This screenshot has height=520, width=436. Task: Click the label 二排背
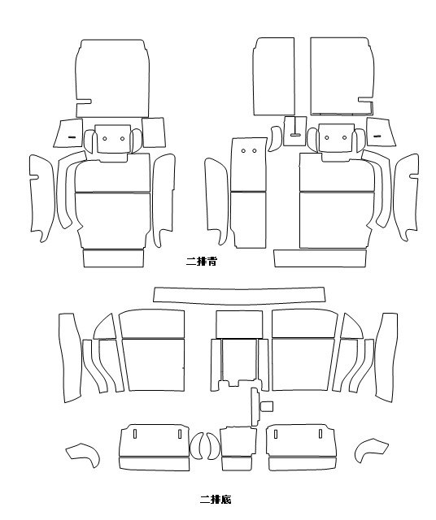click(201, 262)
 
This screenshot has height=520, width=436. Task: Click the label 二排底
click(216, 500)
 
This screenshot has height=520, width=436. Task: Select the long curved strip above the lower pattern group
click(239, 296)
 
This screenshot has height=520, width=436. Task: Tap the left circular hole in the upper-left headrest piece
click(105, 138)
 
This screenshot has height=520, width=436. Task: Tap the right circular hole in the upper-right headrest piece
click(344, 137)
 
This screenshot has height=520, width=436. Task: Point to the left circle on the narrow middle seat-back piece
click(243, 151)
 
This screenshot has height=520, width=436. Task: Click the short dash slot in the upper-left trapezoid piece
click(72, 137)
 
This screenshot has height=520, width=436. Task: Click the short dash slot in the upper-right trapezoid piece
click(377, 136)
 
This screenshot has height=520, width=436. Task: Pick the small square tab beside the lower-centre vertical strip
click(268, 406)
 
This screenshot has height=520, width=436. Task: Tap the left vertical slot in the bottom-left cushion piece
click(135, 434)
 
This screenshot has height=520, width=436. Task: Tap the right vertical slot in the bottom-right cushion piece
click(320, 433)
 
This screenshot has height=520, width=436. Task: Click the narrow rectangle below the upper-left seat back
click(113, 258)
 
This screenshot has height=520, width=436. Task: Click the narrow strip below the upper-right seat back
click(320, 258)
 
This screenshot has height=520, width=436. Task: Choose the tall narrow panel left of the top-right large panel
click(274, 76)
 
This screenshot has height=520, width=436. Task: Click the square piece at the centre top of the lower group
click(239, 324)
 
